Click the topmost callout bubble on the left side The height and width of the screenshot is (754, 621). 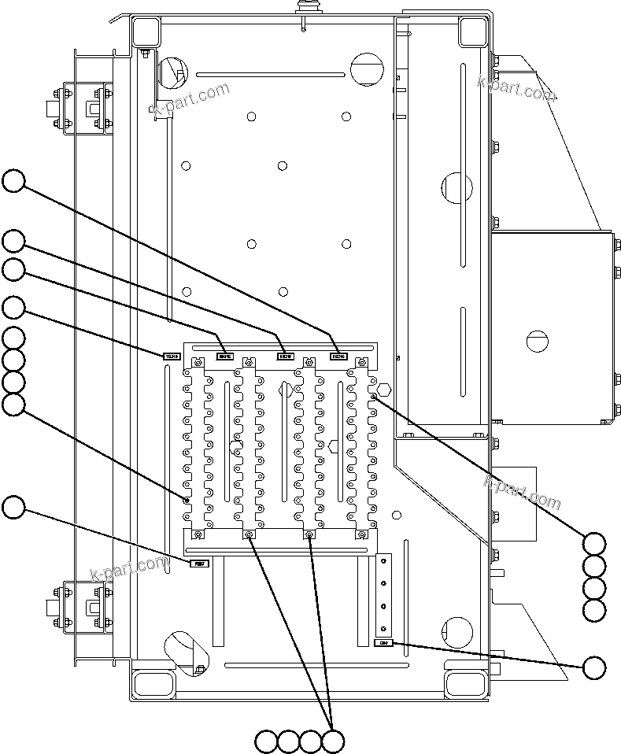pos(13,182)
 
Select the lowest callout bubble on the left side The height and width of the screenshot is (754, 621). pos(13,508)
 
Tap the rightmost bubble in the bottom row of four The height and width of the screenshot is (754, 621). pos(334,741)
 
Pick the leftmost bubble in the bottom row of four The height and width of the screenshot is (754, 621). pos(267,741)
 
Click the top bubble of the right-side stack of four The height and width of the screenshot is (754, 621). pos(595,544)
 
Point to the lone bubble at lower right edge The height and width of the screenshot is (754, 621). pos(595,667)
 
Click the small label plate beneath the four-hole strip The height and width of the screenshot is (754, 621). pos(383,643)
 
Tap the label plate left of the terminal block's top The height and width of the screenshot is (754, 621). pos(172,357)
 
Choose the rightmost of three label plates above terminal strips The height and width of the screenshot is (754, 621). pos(338,357)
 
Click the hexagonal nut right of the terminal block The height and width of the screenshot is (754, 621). pos(385,389)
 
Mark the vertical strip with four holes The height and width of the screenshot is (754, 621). pos(384,595)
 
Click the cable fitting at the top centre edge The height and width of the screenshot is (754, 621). pos(304,9)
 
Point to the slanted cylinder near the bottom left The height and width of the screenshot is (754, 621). pos(187,649)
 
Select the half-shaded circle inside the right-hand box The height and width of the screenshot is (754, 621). pos(535,341)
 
